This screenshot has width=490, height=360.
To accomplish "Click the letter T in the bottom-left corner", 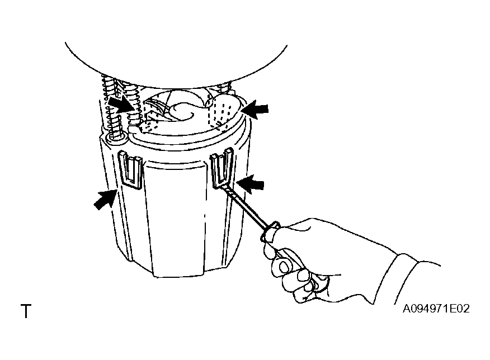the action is coord(26,311).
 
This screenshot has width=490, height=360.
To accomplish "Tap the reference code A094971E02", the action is coord(436,309).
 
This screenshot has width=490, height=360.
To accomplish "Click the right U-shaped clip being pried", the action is coord(222,168).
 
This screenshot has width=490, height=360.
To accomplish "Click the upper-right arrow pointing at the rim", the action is coord(255,109).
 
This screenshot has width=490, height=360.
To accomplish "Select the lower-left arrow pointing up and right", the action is coord(105,199).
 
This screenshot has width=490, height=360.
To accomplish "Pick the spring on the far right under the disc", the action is coord(225,86).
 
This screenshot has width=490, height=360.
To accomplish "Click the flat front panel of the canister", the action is coord(178,219).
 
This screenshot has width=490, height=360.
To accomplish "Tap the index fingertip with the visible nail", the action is coord(284,267).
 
